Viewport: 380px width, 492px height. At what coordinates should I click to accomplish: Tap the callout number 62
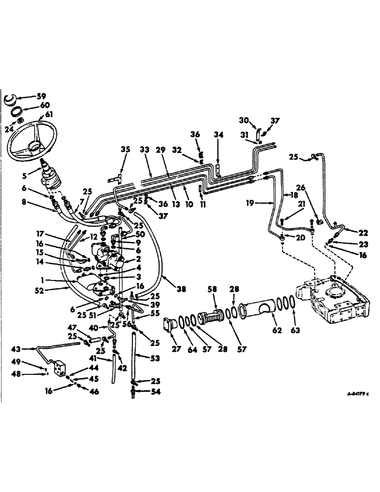click(x=277, y=331)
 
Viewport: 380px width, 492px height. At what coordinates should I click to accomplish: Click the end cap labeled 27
click(x=170, y=326)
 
